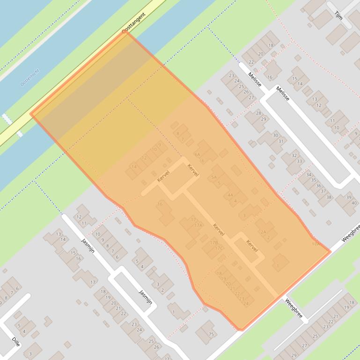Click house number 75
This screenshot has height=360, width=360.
coord(211,334)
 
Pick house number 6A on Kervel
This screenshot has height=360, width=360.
coord(197,154)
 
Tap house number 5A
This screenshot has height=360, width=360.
coord(214,177)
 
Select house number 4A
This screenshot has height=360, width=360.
coord(230,195)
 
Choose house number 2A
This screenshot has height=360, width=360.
coord(263,232)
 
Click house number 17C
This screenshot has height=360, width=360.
coord(219,248)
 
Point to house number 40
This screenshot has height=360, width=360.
coord(354,203)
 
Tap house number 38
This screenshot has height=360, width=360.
coord(329,197)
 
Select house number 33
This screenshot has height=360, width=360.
coord(299,161)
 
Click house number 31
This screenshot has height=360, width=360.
coord(280,141)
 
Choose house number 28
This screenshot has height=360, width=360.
coord(258,114)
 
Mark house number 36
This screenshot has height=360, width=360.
coord(319,186)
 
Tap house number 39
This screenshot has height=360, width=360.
coord(348,197)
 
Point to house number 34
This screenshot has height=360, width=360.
coord(309,174)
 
